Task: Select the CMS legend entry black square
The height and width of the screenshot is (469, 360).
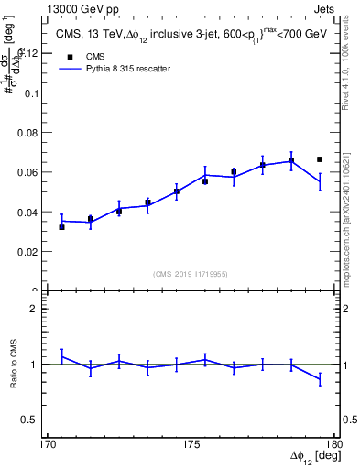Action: point(66,55)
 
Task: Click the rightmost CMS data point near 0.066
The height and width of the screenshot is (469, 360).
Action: point(320,159)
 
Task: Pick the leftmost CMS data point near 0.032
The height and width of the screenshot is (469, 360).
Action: point(61,226)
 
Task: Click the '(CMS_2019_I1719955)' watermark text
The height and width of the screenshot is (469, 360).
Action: point(191,273)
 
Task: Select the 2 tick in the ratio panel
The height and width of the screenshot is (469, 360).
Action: point(38,309)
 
